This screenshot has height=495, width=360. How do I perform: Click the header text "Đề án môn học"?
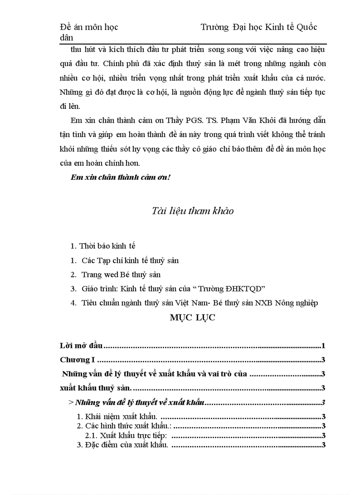(89, 27)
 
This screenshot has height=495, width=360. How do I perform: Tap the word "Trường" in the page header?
(215, 27)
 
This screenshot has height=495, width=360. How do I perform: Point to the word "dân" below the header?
(67, 38)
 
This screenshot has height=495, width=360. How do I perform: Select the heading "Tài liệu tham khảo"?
(192, 211)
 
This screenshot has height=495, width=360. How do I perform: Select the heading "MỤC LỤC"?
(192, 318)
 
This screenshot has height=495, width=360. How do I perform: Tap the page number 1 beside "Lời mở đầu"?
(323, 346)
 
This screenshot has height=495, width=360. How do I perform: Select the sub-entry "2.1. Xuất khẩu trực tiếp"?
(128, 435)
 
